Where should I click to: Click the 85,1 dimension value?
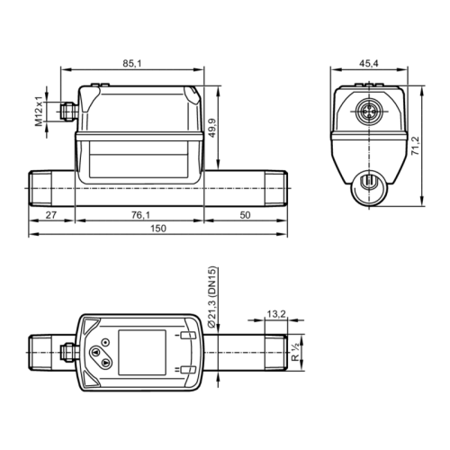coord(131,63)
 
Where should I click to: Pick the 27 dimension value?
coord(51,216)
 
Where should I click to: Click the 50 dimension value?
coord(245,216)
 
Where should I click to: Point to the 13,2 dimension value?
coord(277,313)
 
